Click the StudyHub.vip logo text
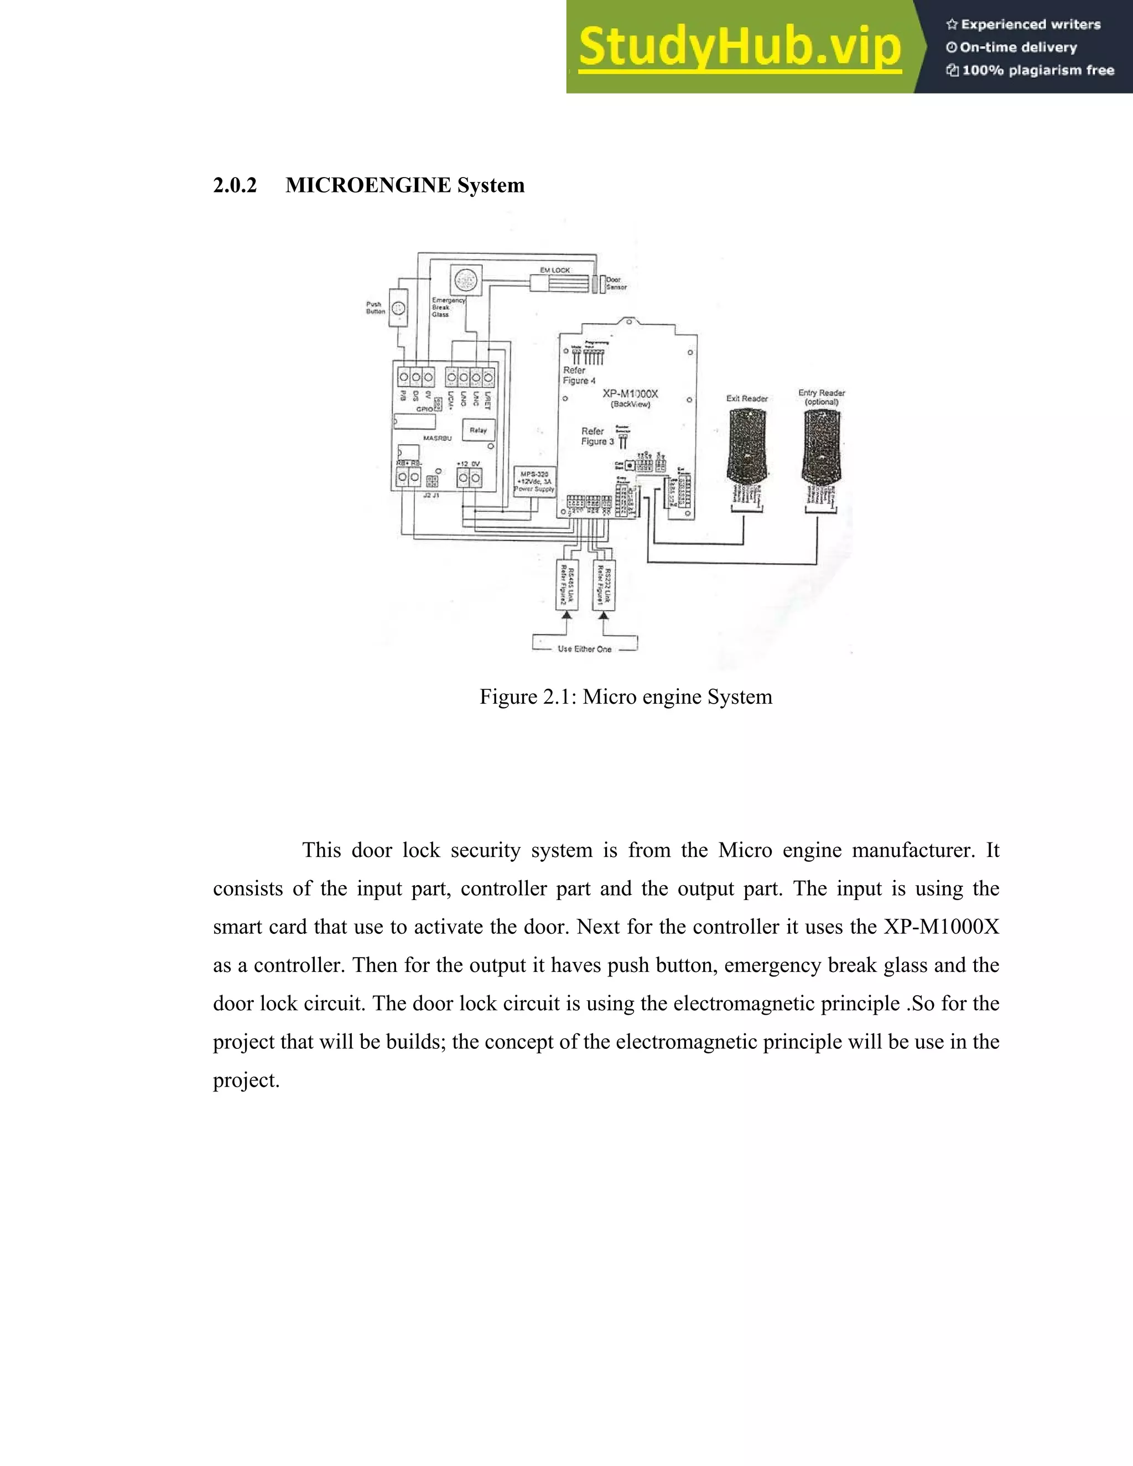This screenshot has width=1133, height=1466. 740,47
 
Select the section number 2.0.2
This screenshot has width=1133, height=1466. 235,185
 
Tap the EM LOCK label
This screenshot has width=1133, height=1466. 555,270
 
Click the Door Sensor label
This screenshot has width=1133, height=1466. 616,283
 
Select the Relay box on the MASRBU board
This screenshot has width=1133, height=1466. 478,430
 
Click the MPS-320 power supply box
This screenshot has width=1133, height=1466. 534,481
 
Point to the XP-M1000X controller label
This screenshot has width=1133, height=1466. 630,394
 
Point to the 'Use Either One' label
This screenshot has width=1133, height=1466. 585,649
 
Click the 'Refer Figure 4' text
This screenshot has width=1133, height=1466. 579,375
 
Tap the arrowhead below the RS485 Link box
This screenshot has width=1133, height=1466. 568,614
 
